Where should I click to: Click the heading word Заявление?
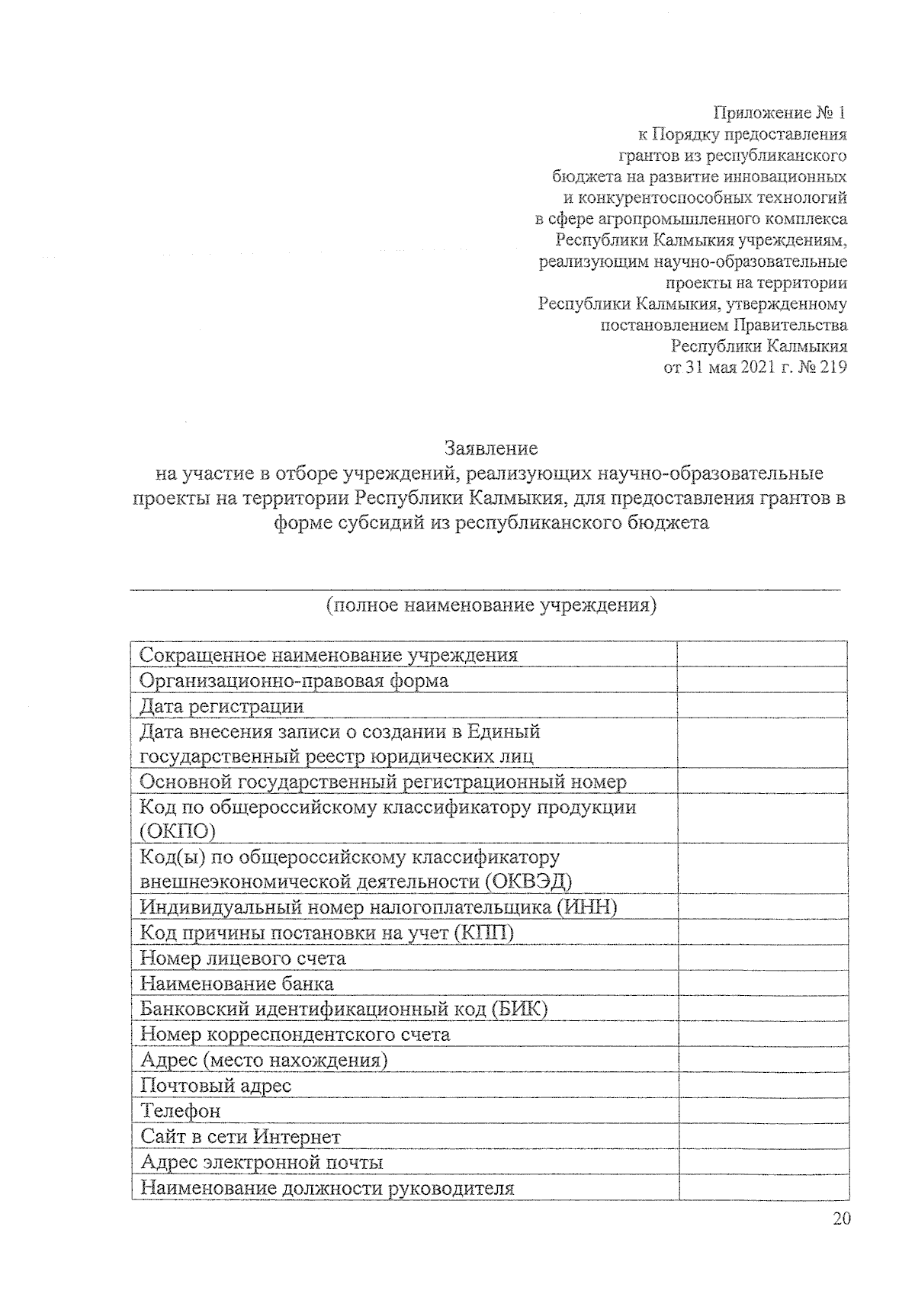tap(491, 448)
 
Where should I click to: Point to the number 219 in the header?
tap(833, 368)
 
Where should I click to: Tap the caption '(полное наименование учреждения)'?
tap(491, 606)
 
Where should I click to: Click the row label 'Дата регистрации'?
tap(222, 706)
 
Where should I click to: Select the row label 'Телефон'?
tap(181, 1111)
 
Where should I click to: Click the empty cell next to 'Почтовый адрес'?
tap(762, 1086)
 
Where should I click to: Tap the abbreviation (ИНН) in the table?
tap(586, 907)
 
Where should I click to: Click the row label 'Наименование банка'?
tap(237, 984)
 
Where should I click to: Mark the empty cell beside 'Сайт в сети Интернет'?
tap(762, 1136)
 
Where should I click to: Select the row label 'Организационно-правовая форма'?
tap(294, 680)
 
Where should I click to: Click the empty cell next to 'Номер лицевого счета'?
tap(762, 958)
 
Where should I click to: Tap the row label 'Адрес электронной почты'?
tap(262, 1162)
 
